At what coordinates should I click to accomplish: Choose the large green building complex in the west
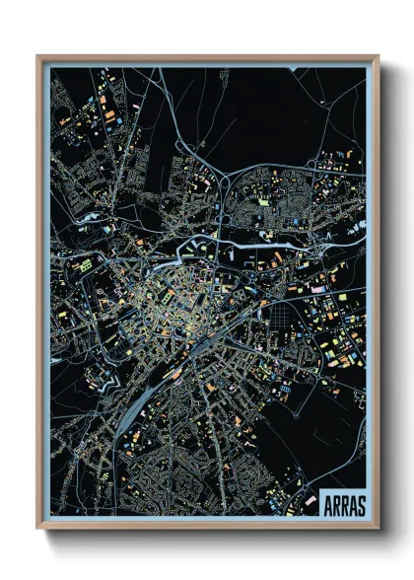click(85, 266)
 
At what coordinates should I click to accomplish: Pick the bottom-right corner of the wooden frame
click(377, 527)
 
